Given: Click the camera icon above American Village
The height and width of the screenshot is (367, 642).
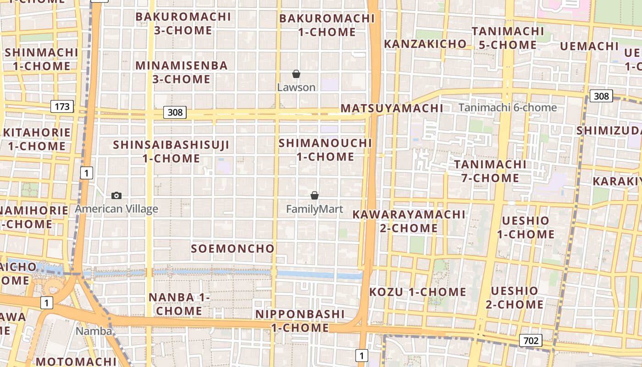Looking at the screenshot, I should click(x=116, y=196).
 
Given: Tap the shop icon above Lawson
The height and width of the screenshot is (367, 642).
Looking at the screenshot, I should click(x=296, y=74).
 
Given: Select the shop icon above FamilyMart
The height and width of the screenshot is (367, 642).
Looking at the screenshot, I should click(x=315, y=195).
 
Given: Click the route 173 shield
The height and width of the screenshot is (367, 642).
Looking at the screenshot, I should click(x=62, y=107).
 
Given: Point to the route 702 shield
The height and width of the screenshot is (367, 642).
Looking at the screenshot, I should click(x=531, y=340).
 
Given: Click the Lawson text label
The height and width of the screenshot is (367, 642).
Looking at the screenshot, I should click(x=296, y=87).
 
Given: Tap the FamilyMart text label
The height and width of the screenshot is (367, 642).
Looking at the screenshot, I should click(x=315, y=209).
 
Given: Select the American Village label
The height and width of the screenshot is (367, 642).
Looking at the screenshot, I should click(x=116, y=209).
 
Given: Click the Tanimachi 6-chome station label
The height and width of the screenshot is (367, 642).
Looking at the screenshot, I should click(x=508, y=108).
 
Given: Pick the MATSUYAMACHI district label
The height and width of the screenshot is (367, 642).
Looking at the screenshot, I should click(x=392, y=109).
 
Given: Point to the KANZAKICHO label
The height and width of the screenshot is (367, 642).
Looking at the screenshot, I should click(x=425, y=44).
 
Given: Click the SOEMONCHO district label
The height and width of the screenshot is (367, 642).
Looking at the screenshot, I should click(x=232, y=249).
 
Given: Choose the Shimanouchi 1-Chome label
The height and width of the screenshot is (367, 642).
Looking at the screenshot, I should click(x=325, y=150).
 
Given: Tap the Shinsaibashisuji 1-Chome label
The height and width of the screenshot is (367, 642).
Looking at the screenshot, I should click(x=171, y=151).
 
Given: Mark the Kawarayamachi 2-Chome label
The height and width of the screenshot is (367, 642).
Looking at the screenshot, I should click(x=409, y=221).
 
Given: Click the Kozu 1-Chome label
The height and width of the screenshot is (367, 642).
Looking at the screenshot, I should click(x=418, y=292).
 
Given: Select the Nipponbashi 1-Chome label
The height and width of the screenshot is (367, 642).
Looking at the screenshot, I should click(x=300, y=321).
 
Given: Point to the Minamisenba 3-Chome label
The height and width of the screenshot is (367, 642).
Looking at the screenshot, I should click(x=182, y=72).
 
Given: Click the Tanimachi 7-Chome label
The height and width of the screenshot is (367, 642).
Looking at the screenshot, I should click(x=490, y=171).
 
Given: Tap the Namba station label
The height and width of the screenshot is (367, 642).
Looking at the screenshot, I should click(x=94, y=331).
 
